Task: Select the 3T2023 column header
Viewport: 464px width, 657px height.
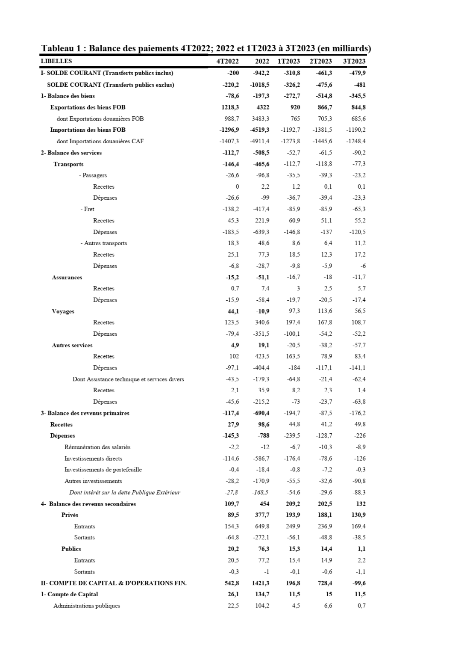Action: tap(354, 61)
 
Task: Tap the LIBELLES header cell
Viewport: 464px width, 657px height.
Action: tap(56, 61)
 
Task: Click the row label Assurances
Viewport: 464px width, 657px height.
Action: tap(67, 277)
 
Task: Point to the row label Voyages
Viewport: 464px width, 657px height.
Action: tap(63, 311)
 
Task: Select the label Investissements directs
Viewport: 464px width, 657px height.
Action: tap(93, 459)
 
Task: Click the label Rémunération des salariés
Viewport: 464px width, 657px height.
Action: tap(97, 447)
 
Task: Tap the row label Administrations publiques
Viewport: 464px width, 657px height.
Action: tap(87, 606)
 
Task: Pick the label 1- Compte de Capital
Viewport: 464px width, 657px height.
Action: tap(69, 594)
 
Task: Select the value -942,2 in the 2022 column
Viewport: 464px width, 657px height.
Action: tap(261, 73)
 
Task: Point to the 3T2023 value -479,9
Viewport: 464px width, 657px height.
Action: tap(357, 73)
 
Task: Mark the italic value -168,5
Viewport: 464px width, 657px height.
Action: tap(261, 492)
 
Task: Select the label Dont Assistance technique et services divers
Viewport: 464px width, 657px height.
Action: tap(128, 379)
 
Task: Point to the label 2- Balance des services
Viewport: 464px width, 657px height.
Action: tap(71, 153)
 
